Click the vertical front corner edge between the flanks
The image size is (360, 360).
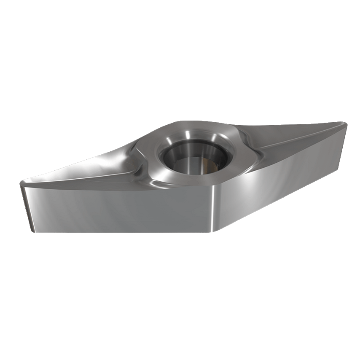(215, 208)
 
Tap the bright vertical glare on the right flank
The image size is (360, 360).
(253, 185)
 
